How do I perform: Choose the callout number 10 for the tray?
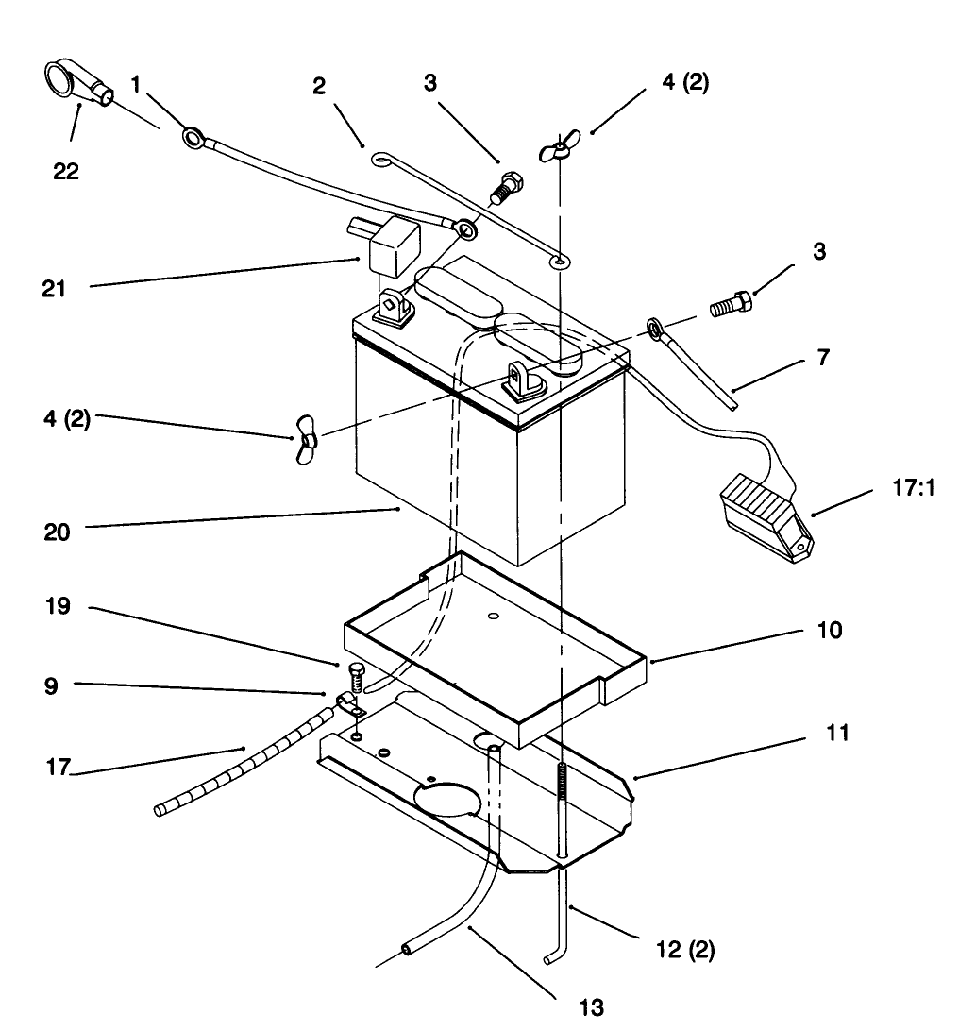pyautogui.click(x=829, y=630)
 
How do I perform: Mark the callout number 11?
pyautogui.click(x=836, y=732)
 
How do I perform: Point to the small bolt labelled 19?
pyautogui.click(x=356, y=677)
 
